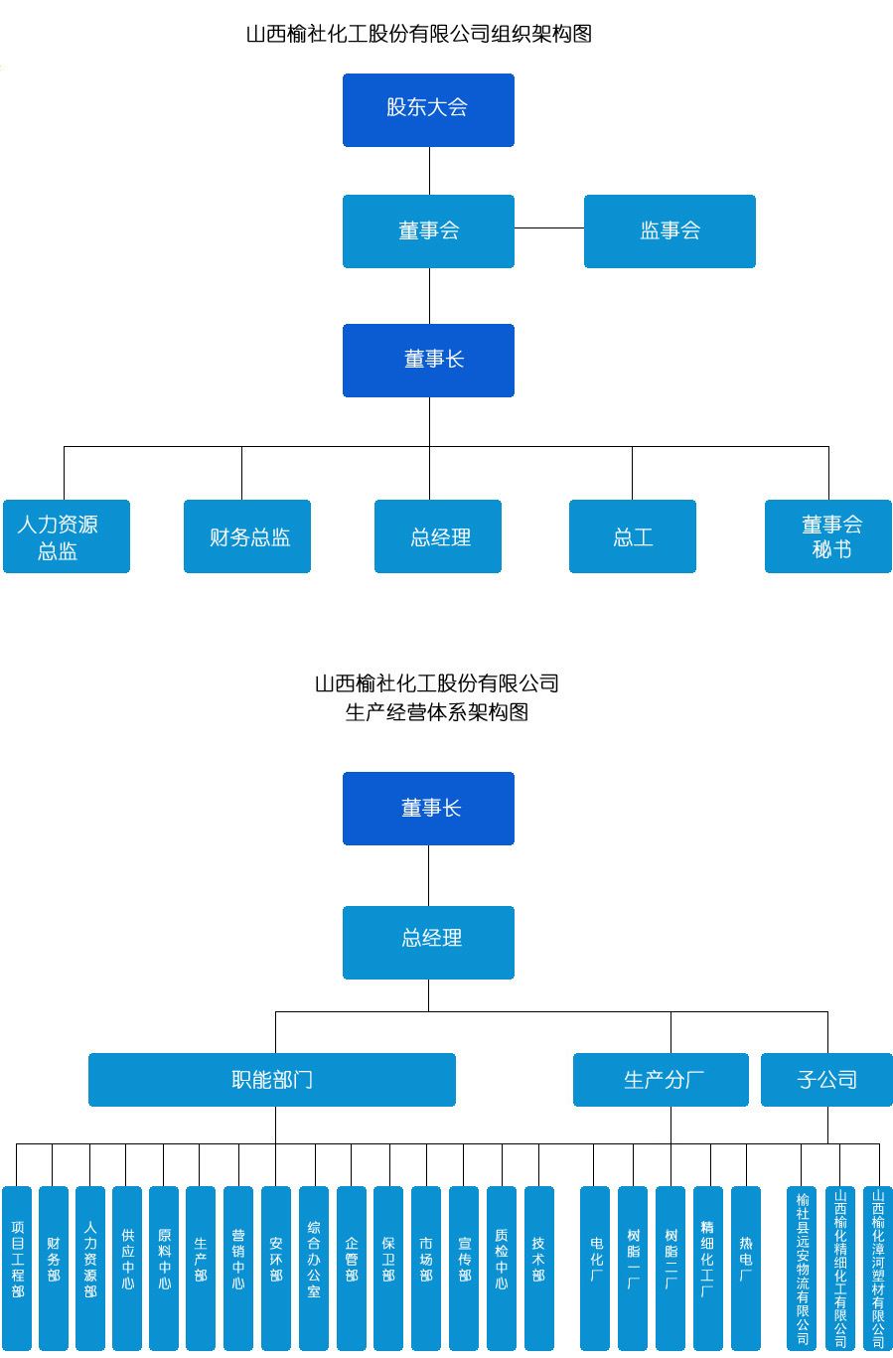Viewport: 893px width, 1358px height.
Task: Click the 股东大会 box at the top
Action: pos(428,109)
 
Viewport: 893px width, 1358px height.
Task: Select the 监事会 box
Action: pos(670,231)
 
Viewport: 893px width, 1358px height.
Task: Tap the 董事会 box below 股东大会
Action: pos(428,231)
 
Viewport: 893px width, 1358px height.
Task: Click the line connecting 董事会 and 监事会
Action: pos(548,228)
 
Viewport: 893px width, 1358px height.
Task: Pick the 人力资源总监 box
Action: pos(67,536)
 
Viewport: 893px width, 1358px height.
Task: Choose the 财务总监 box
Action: pos(247,536)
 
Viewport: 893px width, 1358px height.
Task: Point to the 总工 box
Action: pos(632,536)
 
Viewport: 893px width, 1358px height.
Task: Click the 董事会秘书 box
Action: pos(827,536)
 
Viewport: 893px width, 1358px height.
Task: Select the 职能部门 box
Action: pos(271,1080)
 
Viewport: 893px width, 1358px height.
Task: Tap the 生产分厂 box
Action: pos(661,1080)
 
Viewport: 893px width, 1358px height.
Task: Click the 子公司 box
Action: pos(826,1080)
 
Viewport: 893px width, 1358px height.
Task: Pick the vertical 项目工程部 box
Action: pos(17,1267)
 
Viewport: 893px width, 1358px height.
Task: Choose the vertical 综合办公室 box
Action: pos(314,1267)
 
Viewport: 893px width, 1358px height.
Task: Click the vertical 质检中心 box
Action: pos(502,1267)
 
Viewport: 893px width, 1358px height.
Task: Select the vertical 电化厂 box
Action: pos(595,1267)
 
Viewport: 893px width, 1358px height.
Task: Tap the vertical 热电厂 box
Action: pos(746,1267)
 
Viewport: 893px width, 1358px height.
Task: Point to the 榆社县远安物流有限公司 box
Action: pos(802,1267)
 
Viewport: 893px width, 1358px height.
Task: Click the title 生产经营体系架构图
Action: pos(436,712)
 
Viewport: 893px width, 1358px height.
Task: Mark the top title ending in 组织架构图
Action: pos(418,34)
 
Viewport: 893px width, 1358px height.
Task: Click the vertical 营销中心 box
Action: pos(238,1267)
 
